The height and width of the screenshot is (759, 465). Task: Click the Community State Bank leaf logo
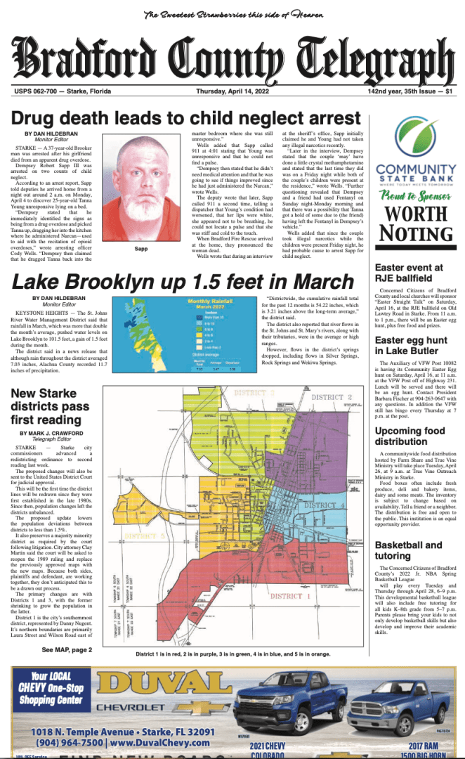(411, 138)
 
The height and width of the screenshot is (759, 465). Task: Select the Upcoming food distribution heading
(410, 436)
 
